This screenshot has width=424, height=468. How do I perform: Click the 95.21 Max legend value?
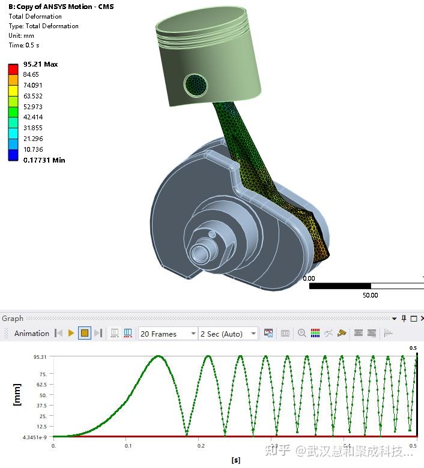tap(40, 64)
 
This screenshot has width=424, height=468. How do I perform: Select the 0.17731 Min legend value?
tap(44, 160)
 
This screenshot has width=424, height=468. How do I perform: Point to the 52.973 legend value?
tap(32, 107)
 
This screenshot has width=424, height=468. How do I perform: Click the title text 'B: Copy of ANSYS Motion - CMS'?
tap(61, 7)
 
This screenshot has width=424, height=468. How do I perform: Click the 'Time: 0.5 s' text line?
tap(25, 45)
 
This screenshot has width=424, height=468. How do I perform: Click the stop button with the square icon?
tap(85, 334)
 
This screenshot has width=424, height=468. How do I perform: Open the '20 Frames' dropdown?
tap(168, 334)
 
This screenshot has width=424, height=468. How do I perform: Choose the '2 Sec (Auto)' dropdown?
tap(228, 334)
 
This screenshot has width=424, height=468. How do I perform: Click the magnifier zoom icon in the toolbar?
tap(301, 334)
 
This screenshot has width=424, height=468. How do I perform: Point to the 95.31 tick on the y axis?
tap(40, 356)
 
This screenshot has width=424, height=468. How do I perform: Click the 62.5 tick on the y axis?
tap(41, 385)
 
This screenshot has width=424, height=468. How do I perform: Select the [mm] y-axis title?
tap(17, 395)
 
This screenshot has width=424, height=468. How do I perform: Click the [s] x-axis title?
tap(236, 460)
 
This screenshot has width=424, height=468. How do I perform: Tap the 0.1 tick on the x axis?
tap(128, 446)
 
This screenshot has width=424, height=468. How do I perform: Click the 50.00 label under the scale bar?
tap(370, 295)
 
